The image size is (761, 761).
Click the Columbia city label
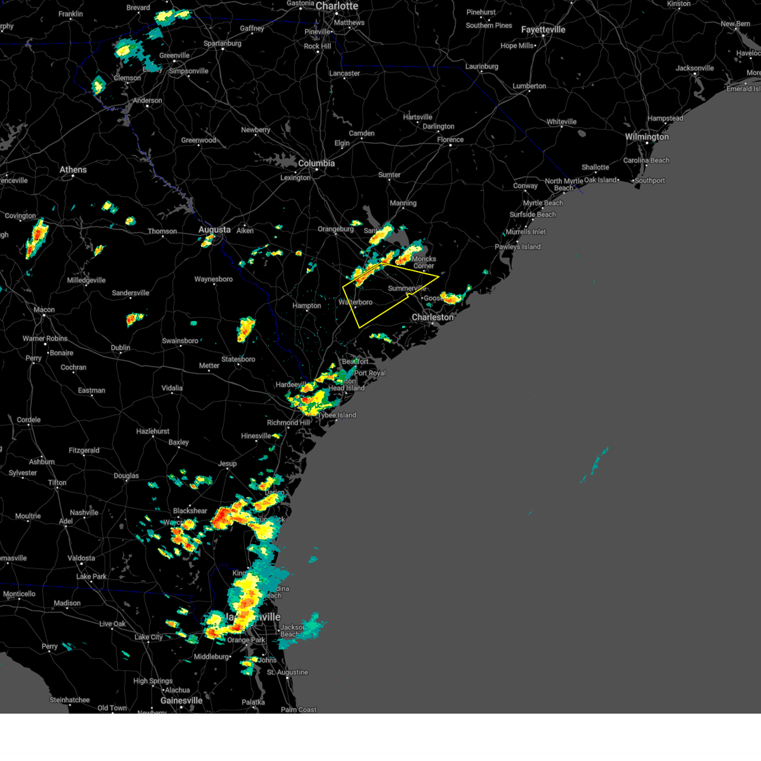click(316, 163)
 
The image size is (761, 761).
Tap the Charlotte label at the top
click(337, 6)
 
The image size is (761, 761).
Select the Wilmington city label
click(647, 137)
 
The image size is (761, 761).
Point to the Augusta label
click(214, 230)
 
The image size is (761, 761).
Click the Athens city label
click(73, 169)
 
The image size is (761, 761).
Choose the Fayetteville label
click(543, 30)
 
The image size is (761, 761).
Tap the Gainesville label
click(181, 701)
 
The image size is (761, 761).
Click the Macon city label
click(44, 310)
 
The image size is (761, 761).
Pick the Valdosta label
click(81, 558)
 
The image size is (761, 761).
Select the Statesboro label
click(238, 360)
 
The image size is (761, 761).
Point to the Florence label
click(450, 140)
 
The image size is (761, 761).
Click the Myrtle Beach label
click(543, 203)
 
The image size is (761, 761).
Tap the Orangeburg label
click(335, 229)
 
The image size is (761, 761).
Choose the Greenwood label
click(198, 140)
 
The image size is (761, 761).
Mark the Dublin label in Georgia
click(120, 348)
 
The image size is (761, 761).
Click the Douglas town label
click(126, 476)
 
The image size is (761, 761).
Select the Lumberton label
click(529, 86)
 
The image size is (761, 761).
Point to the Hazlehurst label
click(153, 431)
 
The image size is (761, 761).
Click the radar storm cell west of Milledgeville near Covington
click(37, 238)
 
